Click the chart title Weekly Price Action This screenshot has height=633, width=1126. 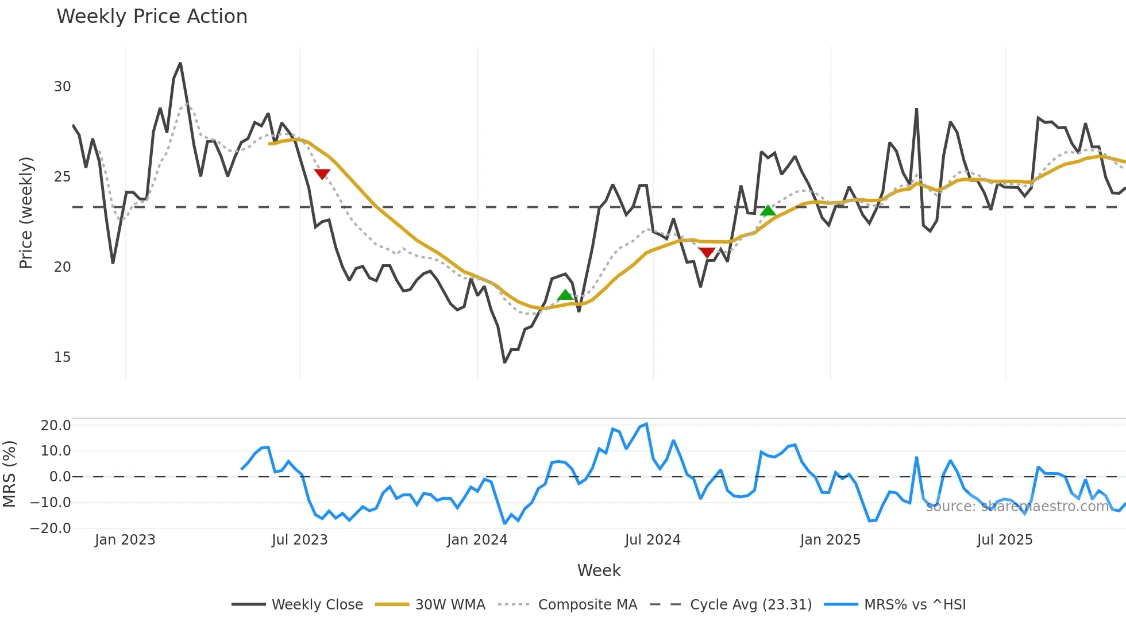[x=152, y=17]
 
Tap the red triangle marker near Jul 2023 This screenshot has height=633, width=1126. [x=322, y=174]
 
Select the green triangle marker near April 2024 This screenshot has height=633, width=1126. [x=565, y=295]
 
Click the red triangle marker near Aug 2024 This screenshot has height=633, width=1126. [x=707, y=253]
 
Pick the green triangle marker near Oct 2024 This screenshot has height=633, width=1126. [x=768, y=211]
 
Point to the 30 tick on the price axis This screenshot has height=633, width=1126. [x=62, y=87]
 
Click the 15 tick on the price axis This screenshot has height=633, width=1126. [x=62, y=357]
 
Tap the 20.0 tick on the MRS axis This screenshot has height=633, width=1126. [x=56, y=426]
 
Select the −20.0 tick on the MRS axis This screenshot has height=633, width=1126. [x=51, y=528]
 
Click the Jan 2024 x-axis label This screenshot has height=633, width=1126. [x=477, y=540]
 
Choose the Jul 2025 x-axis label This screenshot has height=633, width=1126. [x=1005, y=540]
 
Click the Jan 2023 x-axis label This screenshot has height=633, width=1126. [x=125, y=540]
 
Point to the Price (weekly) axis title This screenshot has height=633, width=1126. [x=26, y=213]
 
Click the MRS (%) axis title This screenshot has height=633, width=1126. [x=9, y=474]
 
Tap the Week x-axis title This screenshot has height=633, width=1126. [x=599, y=570]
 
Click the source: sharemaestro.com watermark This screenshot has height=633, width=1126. [x=1017, y=507]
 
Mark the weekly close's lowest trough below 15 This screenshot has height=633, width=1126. [x=504, y=362]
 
